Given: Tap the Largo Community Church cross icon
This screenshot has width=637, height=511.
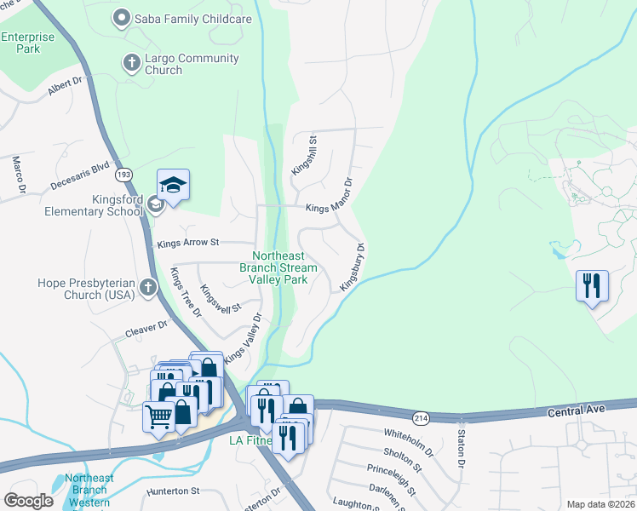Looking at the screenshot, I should coord(131,62).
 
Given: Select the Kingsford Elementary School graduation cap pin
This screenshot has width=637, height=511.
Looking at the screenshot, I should coord(173,186).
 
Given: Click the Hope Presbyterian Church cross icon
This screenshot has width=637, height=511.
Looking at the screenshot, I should coord(149,287).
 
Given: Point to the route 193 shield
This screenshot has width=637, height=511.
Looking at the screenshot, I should coord(125,175).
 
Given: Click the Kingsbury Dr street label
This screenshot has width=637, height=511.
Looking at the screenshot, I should coord(353,268).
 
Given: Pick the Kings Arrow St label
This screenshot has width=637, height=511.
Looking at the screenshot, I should coord(188,244).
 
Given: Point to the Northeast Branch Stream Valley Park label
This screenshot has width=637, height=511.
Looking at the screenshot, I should coord(284,267).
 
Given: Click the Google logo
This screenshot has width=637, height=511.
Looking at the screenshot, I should coord(29,501).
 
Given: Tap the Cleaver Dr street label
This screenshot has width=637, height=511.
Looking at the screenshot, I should coord(146,328).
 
